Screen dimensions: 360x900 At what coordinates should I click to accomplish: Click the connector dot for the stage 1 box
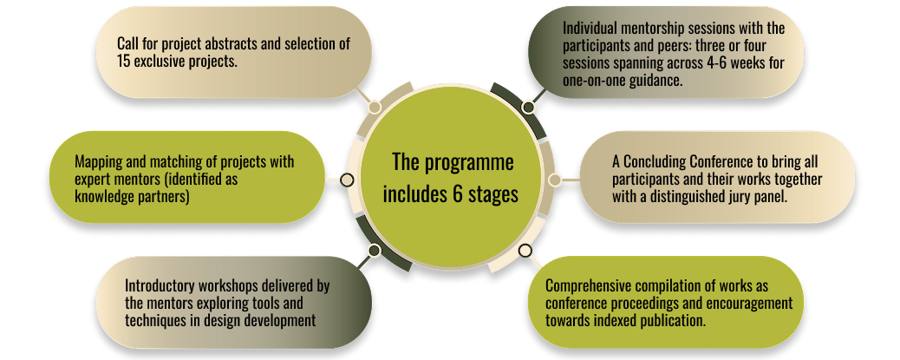coord(375,107)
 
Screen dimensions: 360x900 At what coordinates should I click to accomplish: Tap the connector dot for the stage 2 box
coord(347,180)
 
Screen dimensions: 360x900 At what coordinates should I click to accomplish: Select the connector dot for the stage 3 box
coord(375,250)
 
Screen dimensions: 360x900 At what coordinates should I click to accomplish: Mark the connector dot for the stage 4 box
coord(527,107)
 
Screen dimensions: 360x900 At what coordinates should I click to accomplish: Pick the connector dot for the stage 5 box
coord(556,180)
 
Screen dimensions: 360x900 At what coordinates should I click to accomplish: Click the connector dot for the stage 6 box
coord(525,251)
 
